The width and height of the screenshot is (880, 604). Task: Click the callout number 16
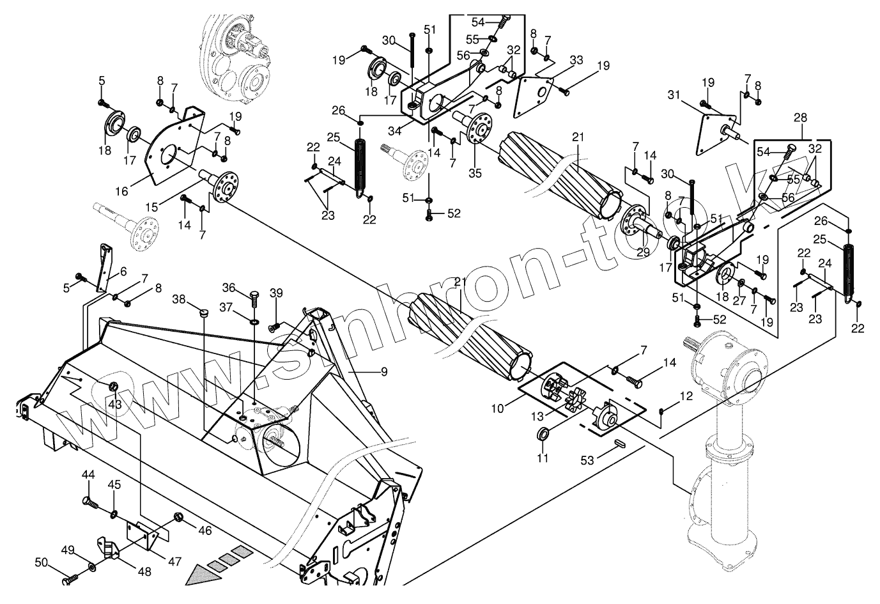[x=121, y=190]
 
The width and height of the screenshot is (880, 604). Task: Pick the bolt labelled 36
[x=254, y=298]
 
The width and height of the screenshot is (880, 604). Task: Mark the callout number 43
[x=114, y=405]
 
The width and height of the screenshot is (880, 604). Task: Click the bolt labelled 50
[x=70, y=580]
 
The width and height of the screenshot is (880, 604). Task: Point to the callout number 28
[x=800, y=118]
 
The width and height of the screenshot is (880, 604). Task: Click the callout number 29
[x=642, y=252]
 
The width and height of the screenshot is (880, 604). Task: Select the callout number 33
[x=576, y=60]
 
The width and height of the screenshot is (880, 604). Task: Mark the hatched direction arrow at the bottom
[x=214, y=566]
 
